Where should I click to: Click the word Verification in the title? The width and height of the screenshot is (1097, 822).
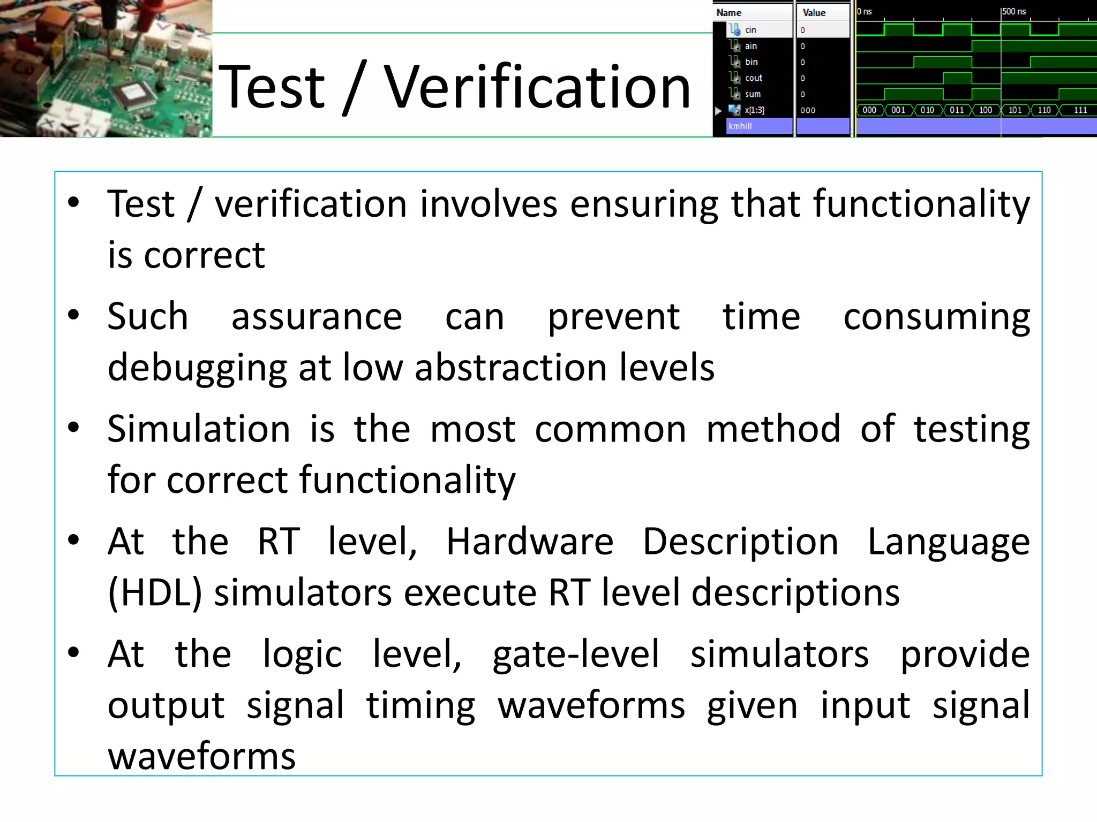coord(537,87)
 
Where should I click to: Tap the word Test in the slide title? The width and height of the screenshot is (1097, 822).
coord(272,87)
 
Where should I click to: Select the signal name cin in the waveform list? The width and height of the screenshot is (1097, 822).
coord(750,30)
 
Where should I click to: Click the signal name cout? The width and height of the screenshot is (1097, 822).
coord(753,78)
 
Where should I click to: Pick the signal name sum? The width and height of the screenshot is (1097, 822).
coord(753,94)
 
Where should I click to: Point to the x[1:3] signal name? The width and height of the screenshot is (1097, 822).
coord(754,110)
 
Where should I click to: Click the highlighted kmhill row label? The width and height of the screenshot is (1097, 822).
coord(740,126)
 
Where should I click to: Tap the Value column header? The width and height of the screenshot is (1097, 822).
coord(814,13)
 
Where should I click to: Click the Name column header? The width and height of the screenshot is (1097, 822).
coord(729,13)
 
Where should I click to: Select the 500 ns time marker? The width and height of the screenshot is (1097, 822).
coord(1013,12)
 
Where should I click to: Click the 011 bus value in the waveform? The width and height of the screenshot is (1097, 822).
coord(957,110)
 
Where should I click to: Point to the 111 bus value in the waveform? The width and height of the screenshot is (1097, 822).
coord(1080,110)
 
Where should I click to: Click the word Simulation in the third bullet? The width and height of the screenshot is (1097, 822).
coord(199,429)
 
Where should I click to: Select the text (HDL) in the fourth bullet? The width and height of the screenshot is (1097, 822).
coord(155,593)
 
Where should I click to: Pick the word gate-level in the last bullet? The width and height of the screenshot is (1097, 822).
coord(576,654)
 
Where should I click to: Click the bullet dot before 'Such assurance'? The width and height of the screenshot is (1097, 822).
coord(74,315)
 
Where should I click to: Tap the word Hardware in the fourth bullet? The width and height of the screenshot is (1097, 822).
coord(530,542)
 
